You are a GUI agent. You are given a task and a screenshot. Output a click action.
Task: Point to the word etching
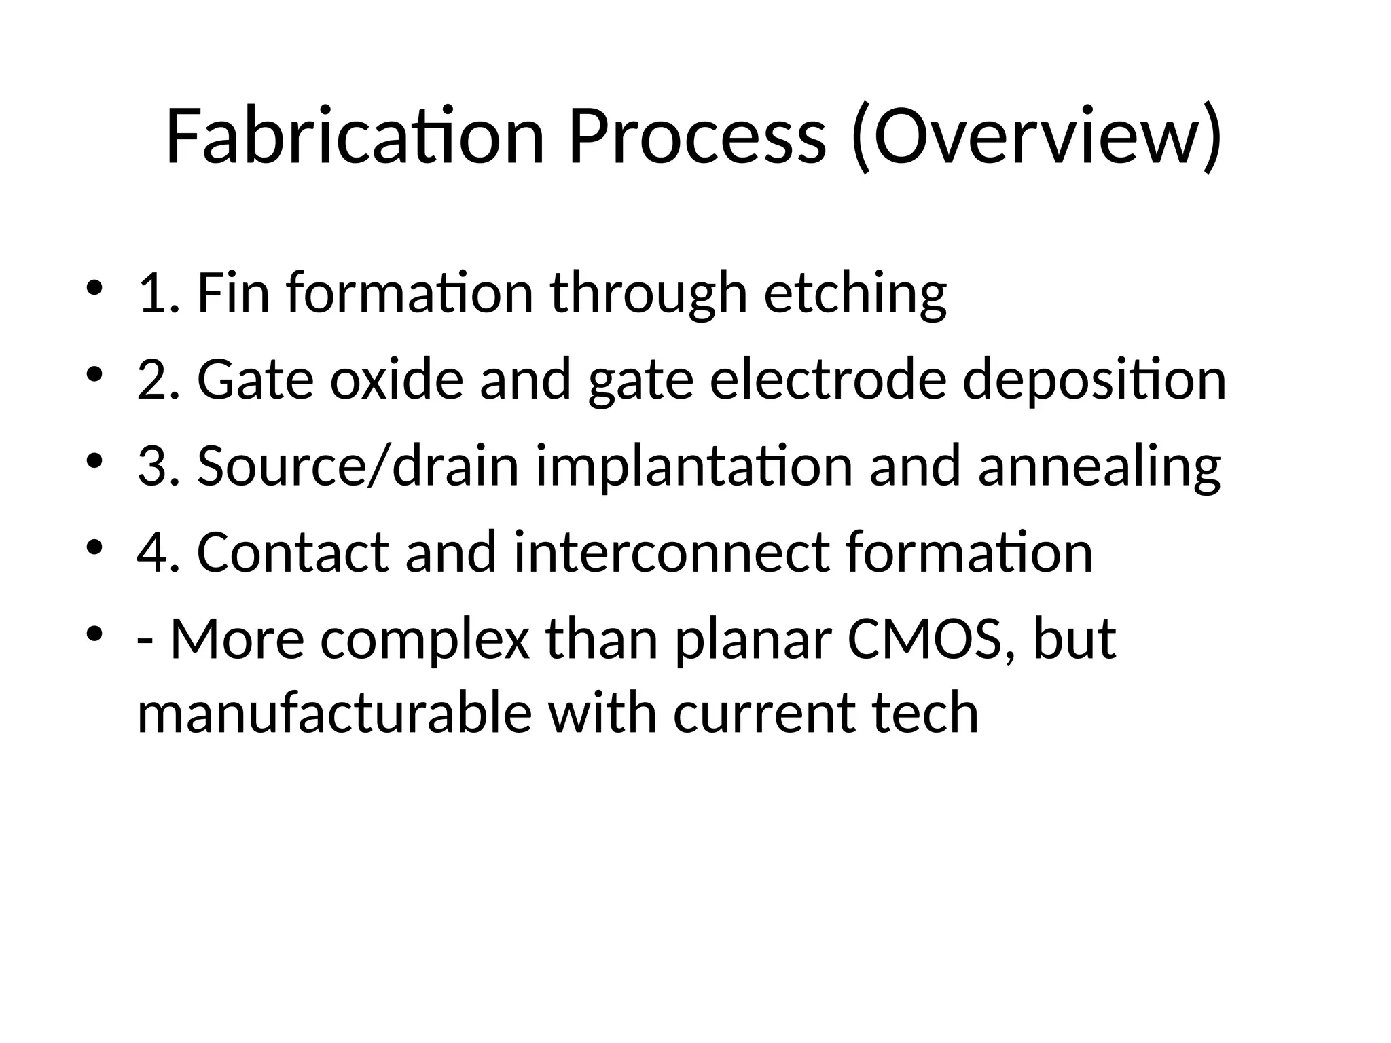[855, 293]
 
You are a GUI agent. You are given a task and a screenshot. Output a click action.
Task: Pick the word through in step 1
[649, 293]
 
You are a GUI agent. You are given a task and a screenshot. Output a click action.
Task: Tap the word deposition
[1094, 380]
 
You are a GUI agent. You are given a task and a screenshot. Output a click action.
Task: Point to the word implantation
[693, 466]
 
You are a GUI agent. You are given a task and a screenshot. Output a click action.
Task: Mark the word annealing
[1099, 466]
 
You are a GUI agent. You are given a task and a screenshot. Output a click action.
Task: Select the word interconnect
[672, 553]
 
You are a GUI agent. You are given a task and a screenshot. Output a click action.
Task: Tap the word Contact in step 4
[293, 553]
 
